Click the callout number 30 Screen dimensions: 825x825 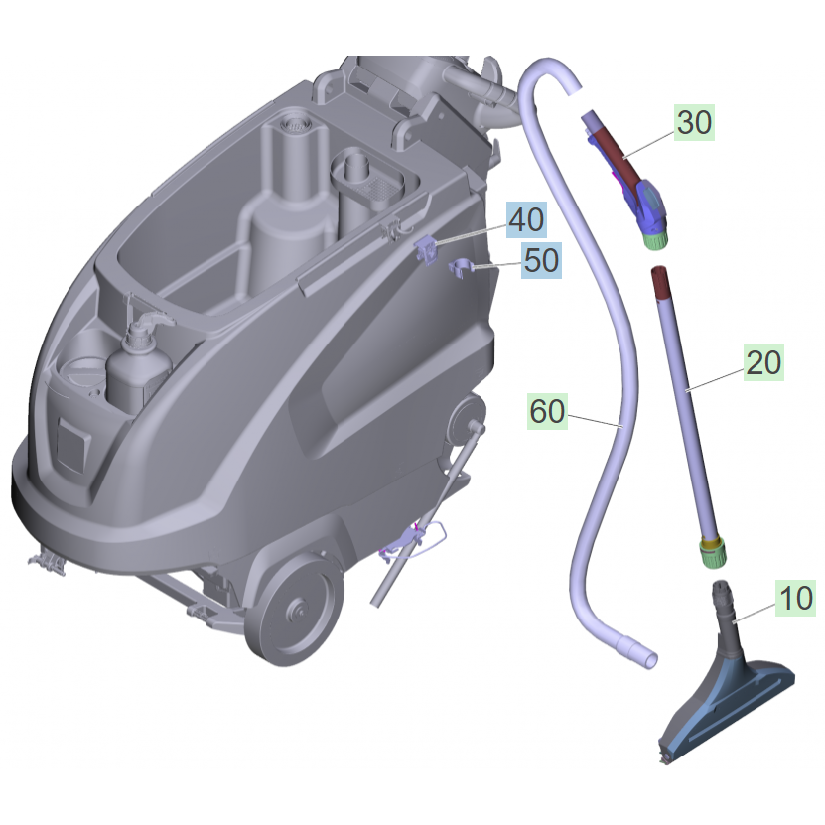[695, 122]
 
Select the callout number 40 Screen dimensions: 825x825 [527, 219]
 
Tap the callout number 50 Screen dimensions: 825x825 [541, 260]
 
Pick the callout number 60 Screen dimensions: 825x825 [548, 411]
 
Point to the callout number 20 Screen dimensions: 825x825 [763, 362]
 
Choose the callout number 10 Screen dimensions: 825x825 [795, 598]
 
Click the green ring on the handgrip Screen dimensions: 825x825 [656, 240]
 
